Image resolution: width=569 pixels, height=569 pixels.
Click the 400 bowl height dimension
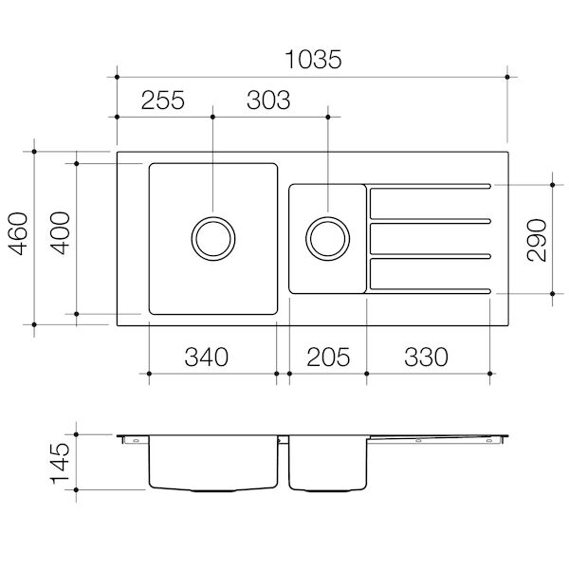pyautogui.click(x=59, y=237)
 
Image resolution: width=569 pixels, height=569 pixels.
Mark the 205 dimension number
pyautogui.click(x=327, y=358)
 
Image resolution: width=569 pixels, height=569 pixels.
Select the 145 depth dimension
pyautogui.click(x=59, y=464)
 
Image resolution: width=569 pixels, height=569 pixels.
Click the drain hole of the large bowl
pyautogui.click(x=212, y=237)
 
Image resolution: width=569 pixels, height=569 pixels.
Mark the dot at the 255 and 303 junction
pyautogui.click(x=212, y=118)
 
